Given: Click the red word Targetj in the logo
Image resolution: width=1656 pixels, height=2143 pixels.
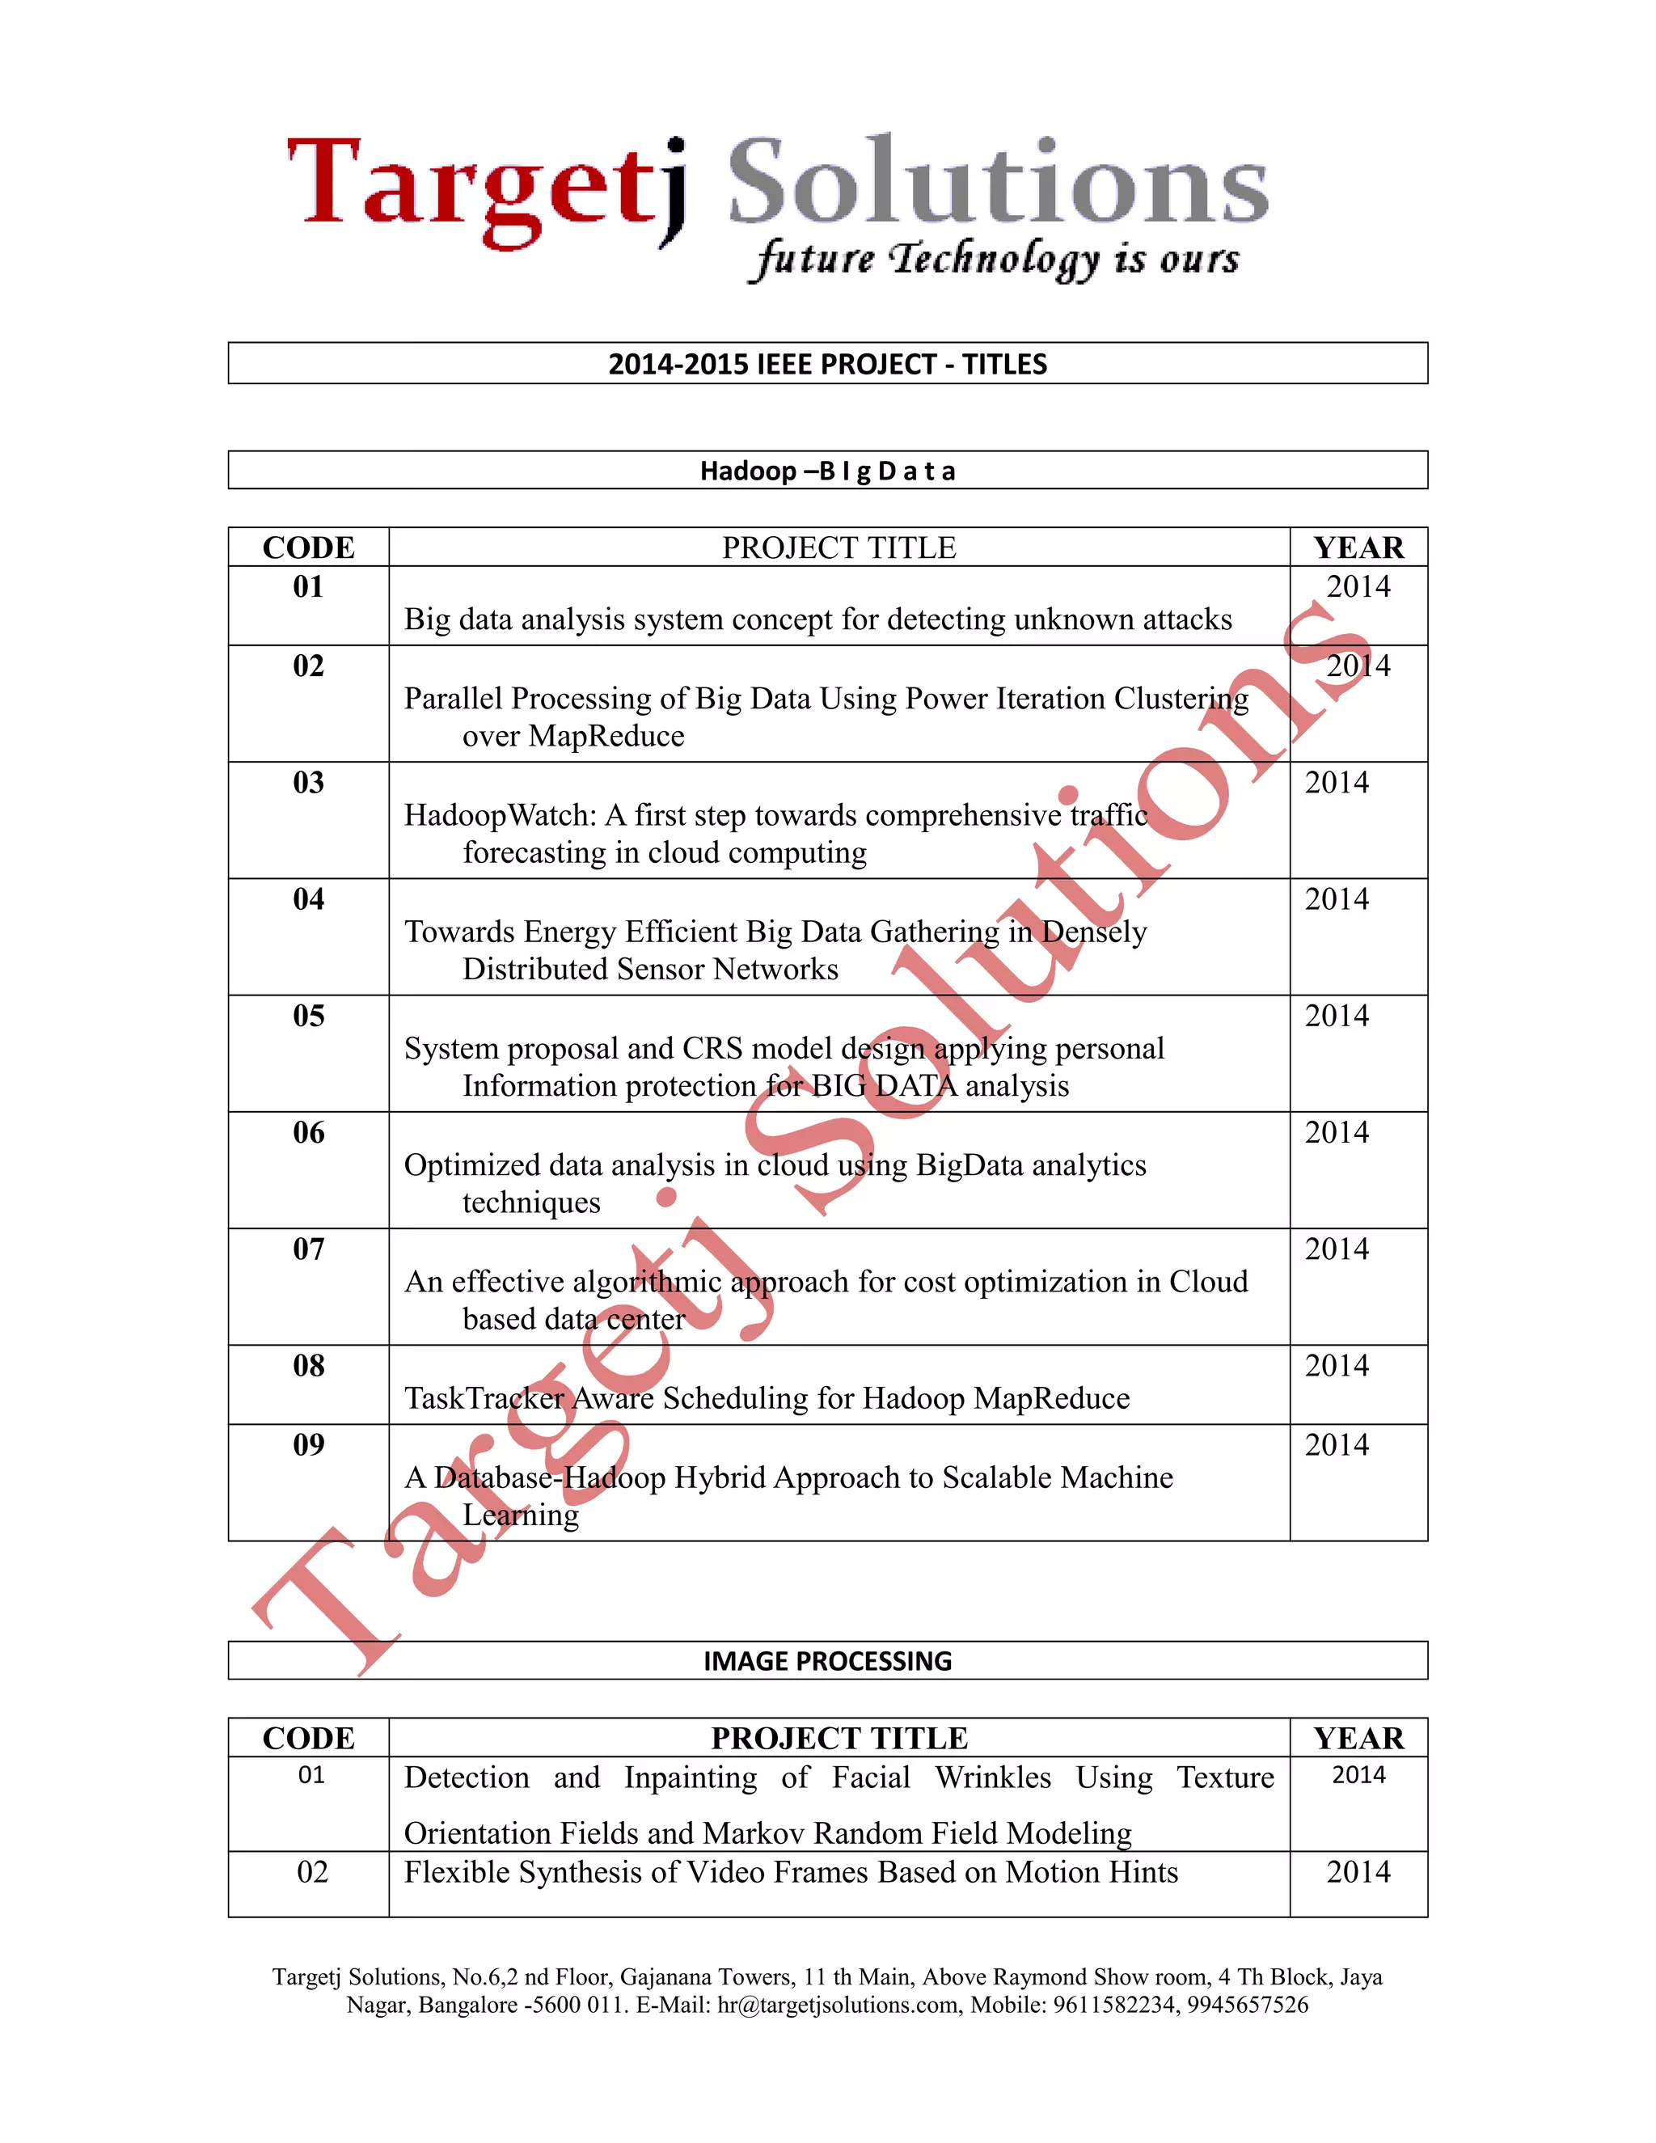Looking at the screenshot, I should (486, 187).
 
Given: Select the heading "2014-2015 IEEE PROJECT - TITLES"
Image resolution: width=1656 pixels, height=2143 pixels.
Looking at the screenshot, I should (827, 364).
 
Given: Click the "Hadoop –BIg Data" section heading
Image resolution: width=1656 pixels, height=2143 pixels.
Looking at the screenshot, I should (827, 471).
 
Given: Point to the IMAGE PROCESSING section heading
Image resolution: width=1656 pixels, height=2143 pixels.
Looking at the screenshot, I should (827, 1661).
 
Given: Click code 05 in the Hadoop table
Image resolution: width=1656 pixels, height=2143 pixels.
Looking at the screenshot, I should (308, 1017).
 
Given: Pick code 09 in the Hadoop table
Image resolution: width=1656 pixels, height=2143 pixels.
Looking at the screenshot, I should (308, 1445).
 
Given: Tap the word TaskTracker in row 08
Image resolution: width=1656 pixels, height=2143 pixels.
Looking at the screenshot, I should (484, 1398).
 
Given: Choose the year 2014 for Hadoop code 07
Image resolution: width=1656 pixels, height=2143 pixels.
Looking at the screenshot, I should (1336, 1249).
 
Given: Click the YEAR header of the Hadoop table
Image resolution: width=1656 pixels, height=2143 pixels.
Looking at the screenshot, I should (1358, 547).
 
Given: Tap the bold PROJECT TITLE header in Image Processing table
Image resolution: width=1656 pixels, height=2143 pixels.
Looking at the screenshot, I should (839, 1739).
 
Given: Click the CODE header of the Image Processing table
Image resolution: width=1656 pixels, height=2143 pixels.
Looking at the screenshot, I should (308, 1739).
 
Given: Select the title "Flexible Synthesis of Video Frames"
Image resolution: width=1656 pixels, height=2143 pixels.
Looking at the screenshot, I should (790, 1872).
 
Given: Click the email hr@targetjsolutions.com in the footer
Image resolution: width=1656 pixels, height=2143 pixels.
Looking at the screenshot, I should (838, 2005).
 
